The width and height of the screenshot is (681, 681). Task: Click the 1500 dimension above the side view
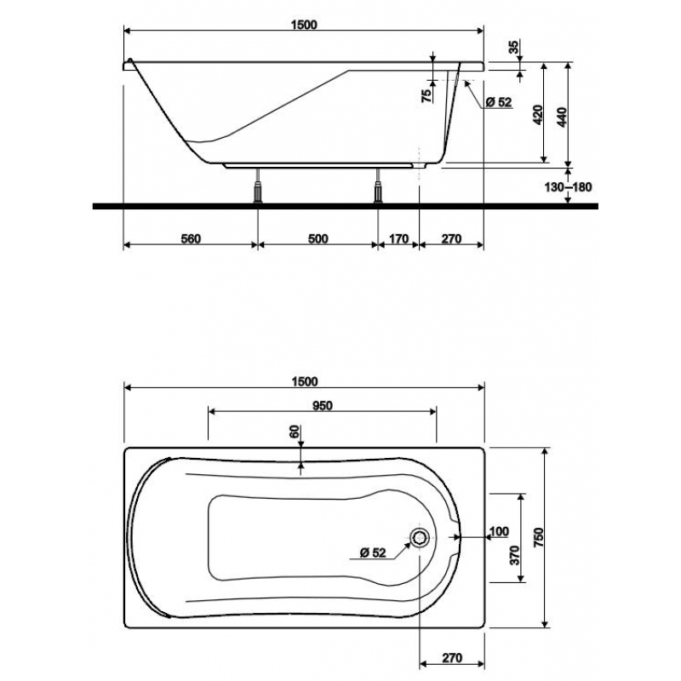(304, 25)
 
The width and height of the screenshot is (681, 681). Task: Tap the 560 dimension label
(191, 239)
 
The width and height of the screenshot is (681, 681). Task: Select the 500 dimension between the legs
(318, 239)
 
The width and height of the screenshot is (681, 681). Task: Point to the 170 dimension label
(398, 239)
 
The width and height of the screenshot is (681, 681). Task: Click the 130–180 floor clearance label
(568, 187)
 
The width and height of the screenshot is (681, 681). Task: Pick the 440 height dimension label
(562, 117)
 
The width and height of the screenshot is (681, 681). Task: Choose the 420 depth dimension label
(538, 115)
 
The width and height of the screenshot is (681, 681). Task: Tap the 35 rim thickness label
(514, 47)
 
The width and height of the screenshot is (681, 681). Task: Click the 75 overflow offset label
(427, 95)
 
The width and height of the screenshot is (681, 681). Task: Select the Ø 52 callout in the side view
(499, 102)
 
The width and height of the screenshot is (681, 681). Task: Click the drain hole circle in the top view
(420, 538)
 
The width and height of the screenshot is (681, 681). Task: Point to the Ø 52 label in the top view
(373, 552)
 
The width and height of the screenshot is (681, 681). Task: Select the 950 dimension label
(323, 406)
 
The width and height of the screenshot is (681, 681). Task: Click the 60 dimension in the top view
(295, 432)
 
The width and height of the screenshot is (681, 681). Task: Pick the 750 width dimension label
(539, 537)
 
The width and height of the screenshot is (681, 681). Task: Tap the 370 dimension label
(514, 555)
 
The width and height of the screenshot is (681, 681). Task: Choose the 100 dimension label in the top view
(499, 531)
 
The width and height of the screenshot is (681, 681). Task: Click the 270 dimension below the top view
(452, 658)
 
